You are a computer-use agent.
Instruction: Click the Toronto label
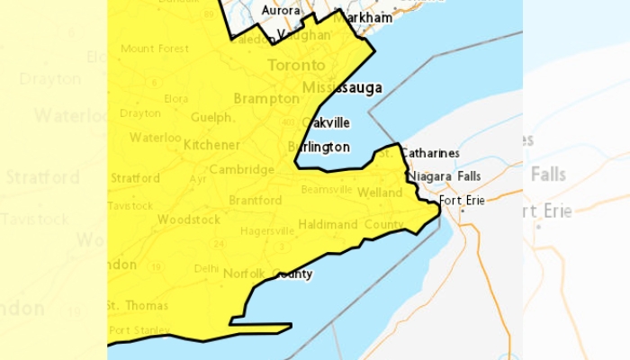296,66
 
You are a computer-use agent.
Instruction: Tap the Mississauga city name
342,87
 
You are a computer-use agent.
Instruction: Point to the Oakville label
327,122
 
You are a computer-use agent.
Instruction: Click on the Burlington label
319,147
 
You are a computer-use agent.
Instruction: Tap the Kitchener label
211,145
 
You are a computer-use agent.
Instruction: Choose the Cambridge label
241,169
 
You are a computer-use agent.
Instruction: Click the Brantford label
255,200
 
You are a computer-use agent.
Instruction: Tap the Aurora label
280,10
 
